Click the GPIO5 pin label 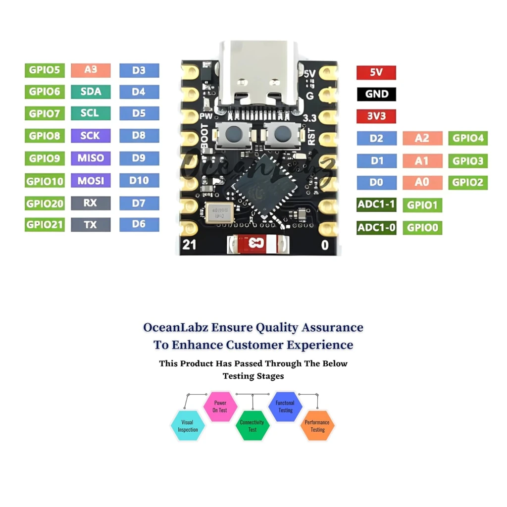pyautogui.click(x=45, y=70)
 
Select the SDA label pyautogui.click(x=91, y=92)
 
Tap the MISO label pyautogui.click(x=91, y=158)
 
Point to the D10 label pyautogui.click(x=139, y=181)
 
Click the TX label pyautogui.click(x=91, y=225)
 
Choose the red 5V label pyautogui.click(x=376, y=73)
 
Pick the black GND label pyautogui.click(x=376, y=94)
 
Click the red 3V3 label pyautogui.click(x=376, y=116)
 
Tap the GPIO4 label pyautogui.click(x=468, y=138)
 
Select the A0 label pyautogui.click(x=422, y=182)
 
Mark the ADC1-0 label pyautogui.click(x=376, y=228)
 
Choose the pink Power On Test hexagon pyautogui.click(x=220, y=406)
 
